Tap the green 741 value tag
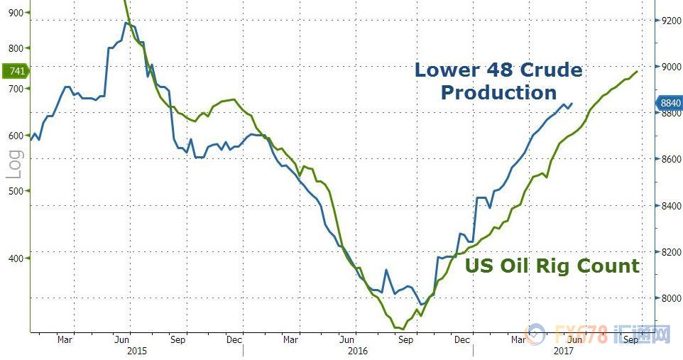pos(16,71)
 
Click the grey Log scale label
pos(14,164)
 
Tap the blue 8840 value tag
pos(670,103)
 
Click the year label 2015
pos(137,351)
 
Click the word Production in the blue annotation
pos(498,92)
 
